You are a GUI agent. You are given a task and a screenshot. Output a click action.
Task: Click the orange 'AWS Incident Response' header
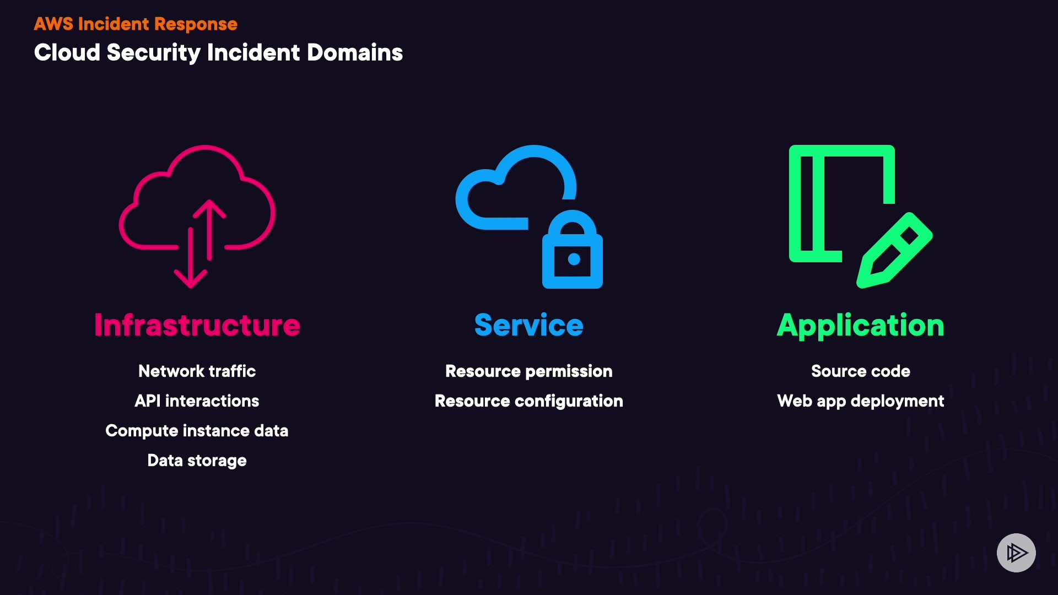point(136,24)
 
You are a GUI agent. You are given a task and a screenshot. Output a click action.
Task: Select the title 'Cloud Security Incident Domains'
point(218,53)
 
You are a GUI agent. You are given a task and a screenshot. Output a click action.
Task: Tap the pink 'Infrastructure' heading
point(197,324)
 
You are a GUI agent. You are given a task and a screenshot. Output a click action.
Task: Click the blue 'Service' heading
point(528,324)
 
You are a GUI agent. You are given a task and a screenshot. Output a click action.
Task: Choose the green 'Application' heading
point(860,324)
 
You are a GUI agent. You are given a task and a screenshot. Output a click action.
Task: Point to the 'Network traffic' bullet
point(197,371)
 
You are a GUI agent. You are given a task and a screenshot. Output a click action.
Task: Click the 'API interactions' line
point(197,401)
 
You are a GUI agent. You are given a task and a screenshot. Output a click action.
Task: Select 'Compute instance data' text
point(197,430)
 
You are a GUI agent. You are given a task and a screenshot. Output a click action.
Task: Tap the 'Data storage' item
point(197,460)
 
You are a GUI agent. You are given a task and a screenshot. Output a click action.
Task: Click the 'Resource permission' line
point(528,371)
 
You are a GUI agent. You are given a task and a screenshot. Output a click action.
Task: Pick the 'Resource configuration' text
point(528,401)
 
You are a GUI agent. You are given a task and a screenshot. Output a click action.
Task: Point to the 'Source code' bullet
point(860,371)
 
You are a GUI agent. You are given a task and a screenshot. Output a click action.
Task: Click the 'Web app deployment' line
point(860,401)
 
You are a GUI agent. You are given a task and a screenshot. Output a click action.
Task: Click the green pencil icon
point(894,251)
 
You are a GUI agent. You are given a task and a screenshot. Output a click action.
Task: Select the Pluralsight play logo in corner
point(1016,553)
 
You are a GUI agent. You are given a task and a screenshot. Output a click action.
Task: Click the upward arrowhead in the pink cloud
point(209,208)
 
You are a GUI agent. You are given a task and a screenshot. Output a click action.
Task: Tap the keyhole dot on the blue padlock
point(574,259)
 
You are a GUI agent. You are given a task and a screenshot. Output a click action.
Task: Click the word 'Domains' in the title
point(354,53)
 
